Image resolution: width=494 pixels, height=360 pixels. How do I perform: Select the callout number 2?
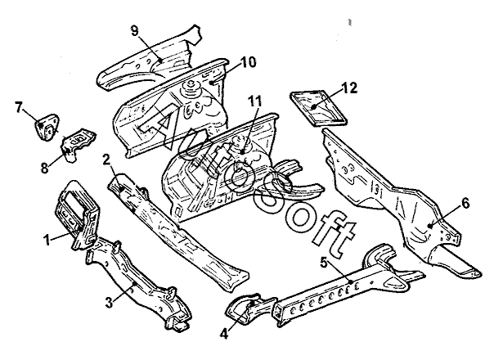coord(106,159)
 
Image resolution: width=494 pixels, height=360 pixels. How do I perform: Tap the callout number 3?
coord(109,303)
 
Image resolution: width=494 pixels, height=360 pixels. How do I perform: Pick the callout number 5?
coord(325,264)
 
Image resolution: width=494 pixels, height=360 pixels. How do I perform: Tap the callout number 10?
coord(248,63)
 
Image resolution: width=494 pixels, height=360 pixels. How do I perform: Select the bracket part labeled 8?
coord(80,141)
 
